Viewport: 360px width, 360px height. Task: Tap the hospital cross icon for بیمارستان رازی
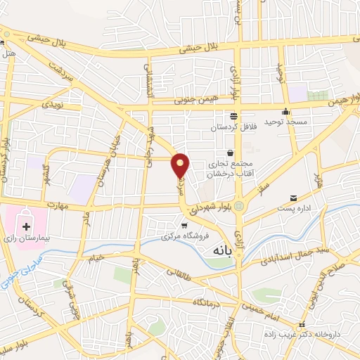click(x=27, y=226)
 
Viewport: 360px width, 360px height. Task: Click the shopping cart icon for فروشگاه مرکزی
click(x=185, y=226)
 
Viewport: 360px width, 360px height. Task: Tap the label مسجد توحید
click(x=287, y=122)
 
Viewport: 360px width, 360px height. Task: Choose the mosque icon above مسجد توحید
click(x=285, y=111)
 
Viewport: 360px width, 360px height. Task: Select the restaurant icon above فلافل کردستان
click(x=233, y=117)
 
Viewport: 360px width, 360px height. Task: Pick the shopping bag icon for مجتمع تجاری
click(x=230, y=153)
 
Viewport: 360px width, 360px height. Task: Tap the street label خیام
click(x=96, y=258)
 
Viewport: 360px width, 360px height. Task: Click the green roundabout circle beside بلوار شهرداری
click(x=239, y=206)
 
